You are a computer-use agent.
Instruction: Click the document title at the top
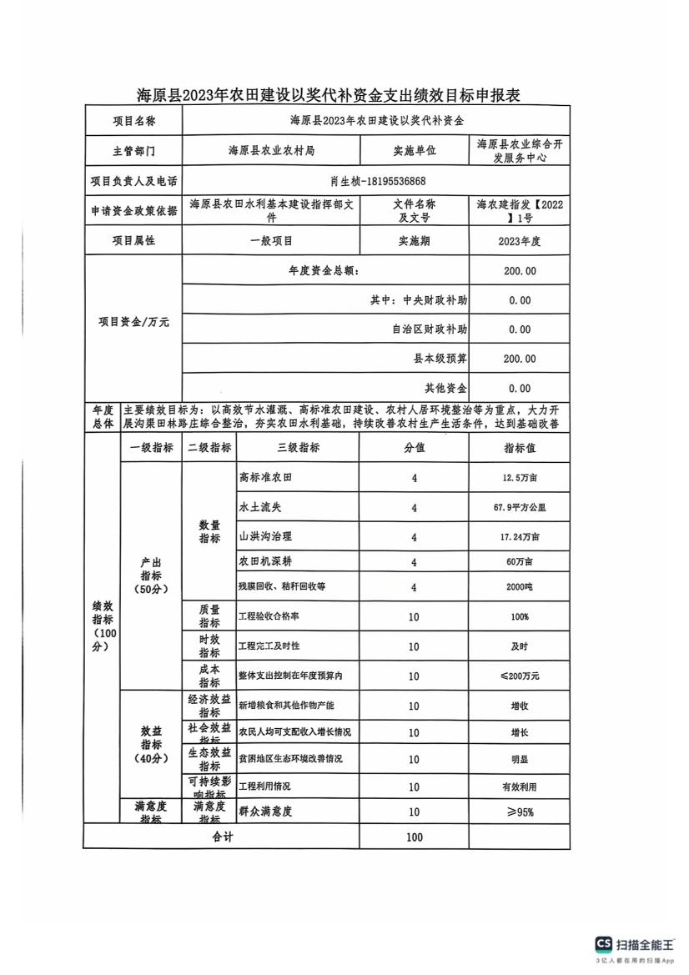pyautogui.click(x=329, y=96)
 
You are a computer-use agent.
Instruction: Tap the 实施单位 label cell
pyautogui.click(x=414, y=151)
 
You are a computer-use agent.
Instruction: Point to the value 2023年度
pyautogui.click(x=519, y=241)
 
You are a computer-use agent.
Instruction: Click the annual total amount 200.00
pyautogui.click(x=520, y=271)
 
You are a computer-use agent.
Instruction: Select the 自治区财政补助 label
pyautogui.click(x=429, y=329)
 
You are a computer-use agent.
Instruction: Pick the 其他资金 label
pyautogui.click(x=445, y=388)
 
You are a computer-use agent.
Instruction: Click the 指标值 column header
pyautogui.click(x=519, y=448)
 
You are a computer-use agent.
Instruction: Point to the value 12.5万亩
pyautogui.click(x=519, y=479)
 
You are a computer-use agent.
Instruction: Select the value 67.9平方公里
pyautogui.click(x=519, y=507)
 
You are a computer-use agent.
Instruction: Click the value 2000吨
pyautogui.click(x=519, y=587)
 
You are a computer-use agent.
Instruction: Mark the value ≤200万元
pyautogui.click(x=519, y=676)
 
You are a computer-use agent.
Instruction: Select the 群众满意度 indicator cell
pyautogui.click(x=266, y=812)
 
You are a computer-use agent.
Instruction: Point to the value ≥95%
pyautogui.click(x=519, y=812)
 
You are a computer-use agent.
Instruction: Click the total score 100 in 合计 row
pyautogui.click(x=414, y=837)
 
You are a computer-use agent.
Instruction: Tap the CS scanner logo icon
pyautogui.click(x=603, y=944)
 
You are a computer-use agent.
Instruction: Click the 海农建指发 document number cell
pyautogui.click(x=519, y=211)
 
